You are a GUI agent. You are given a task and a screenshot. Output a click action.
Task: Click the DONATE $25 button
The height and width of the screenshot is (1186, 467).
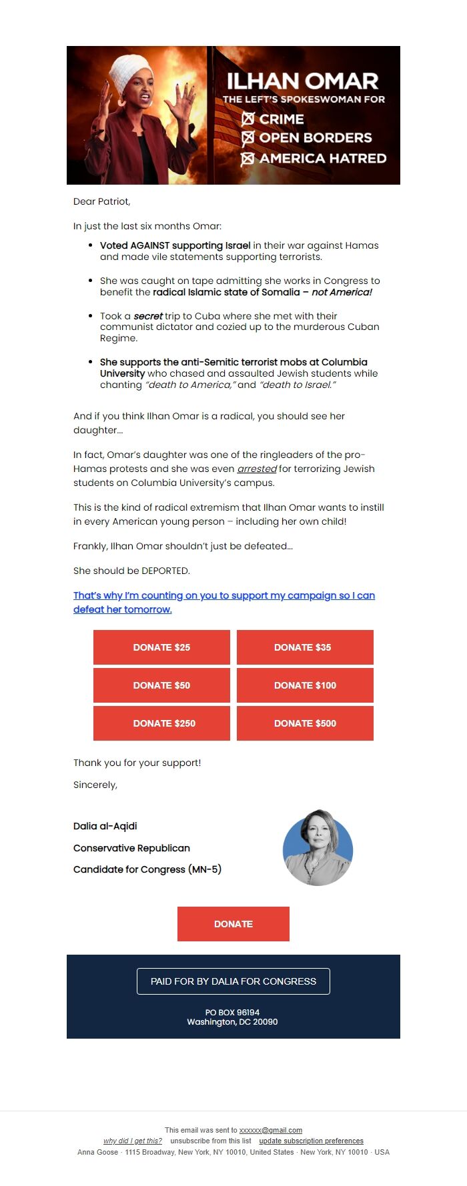pyautogui.click(x=161, y=647)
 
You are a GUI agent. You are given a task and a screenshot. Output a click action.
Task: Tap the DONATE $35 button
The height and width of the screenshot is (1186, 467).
pyautogui.click(x=305, y=647)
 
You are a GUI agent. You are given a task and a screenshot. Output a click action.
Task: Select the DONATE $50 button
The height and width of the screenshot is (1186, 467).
pyautogui.click(x=161, y=685)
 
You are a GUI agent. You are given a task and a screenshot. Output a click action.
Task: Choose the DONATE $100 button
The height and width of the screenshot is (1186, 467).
pyautogui.click(x=305, y=685)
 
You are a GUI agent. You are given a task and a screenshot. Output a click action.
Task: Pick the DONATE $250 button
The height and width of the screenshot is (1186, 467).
pyautogui.click(x=161, y=723)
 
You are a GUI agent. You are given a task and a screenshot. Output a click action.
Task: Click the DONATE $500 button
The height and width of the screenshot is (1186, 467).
pyautogui.click(x=305, y=723)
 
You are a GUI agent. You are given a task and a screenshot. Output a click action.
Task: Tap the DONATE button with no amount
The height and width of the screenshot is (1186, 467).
pyautogui.click(x=233, y=924)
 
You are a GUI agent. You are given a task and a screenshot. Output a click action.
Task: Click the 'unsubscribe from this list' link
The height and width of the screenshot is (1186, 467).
pyautogui.click(x=211, y=1141)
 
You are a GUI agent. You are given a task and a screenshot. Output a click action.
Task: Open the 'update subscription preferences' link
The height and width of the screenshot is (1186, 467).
pyautogui.click(x=311, y=1141)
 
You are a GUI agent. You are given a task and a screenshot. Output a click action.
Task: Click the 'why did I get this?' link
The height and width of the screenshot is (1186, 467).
pyautogui.click(x=133, y=1141)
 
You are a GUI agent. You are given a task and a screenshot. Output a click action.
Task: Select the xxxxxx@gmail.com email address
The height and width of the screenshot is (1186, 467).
pyautogui.click(x=270, y=1130)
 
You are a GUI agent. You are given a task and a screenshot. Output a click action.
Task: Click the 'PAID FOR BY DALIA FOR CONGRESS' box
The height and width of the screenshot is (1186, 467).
pyautogui.click(x=233, y=981)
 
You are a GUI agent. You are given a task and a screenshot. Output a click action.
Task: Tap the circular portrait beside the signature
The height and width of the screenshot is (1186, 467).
pyautogui.click(x=318, y=847)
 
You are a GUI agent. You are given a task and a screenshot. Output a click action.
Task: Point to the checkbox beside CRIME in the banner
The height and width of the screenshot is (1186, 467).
pyautogui.click(x=248, y=119)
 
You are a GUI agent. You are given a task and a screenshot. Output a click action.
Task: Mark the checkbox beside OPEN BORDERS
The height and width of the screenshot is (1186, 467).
pyautogui.click(x=248, y=138)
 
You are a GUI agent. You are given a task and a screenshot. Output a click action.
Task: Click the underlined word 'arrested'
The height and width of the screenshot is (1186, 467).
pyautogui.click(x=257, y=469)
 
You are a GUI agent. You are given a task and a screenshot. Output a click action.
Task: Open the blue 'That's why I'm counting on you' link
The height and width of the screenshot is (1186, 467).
pyautogui.click(x=223, y=595)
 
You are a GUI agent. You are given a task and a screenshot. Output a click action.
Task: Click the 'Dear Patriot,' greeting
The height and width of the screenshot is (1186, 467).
pyautogui.click(x=102, y=201)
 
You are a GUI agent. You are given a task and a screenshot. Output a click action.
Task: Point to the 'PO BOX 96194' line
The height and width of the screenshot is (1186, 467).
pyautogui.click(x=232, y=1012)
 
